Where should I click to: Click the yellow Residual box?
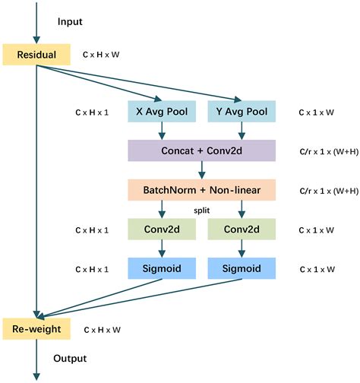tap(36, 55)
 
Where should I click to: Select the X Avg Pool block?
tap(160, 111)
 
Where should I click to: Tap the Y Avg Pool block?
tap(241, 111)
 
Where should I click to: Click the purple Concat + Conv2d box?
tap(201, 150)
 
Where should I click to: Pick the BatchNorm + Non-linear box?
tap(201, 189)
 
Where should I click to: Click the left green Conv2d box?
tap(160, 229)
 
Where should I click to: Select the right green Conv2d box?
tap(241, 229)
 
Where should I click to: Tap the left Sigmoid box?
tap(160, 268)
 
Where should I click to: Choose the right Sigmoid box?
tap(241, 268)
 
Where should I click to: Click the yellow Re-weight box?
tap(36, 328)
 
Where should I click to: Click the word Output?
tap(69, 358)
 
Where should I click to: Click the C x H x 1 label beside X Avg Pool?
tap(91, 112)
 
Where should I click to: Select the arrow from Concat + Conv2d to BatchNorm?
tap(201, 170)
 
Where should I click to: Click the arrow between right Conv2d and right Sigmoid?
tap(241, 248)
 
